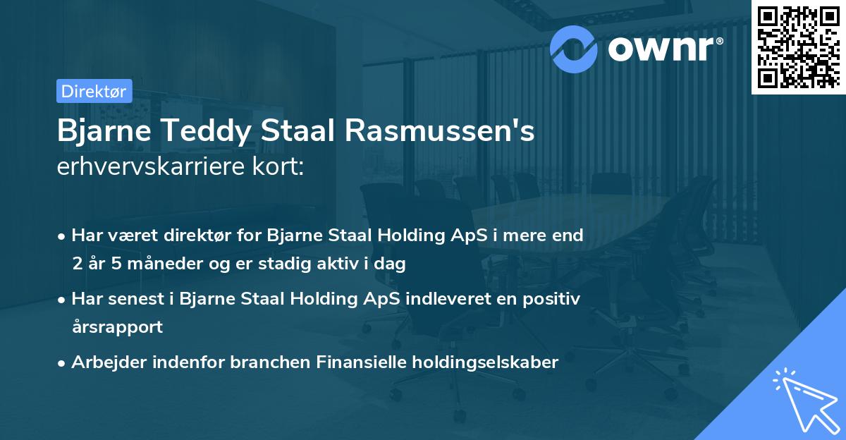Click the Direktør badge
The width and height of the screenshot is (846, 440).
click(93, 91)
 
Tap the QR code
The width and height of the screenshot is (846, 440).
click(798, 47)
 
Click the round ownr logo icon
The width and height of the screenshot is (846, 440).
click(574, 47)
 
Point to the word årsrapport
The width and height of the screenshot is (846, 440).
click(117, 326)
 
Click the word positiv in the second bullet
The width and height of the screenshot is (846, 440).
click(556, 299)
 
